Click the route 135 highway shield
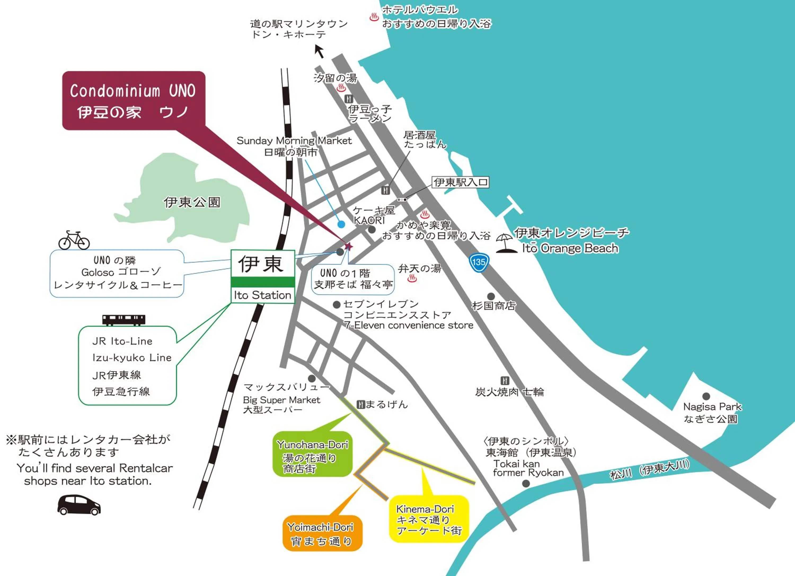pyautogui.click(x=479, y=263)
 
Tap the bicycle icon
pyautogui.click(x=74, y=240)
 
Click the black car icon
pyautogui.click(x=79, y=505)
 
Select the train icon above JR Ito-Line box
pyautogui.click(x=124, y=320)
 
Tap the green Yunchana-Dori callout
pyautogui.click(x=312, y=454)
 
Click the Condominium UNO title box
pyautogui.click(x=134, y=101)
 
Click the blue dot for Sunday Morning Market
pyautogui.click(x=341, y=224)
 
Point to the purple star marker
pyautogui.click(x=348, y=246)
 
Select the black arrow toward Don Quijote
pyautogui.click(x=319, y=51)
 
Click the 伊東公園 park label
pyautogui.click(x=192, y=202)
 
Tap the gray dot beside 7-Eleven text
pyautogui.click(x=337, y=304)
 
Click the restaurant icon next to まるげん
pyautogui.click(x=361, y=404)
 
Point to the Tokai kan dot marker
pyautogui.click(x=526, y=484)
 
